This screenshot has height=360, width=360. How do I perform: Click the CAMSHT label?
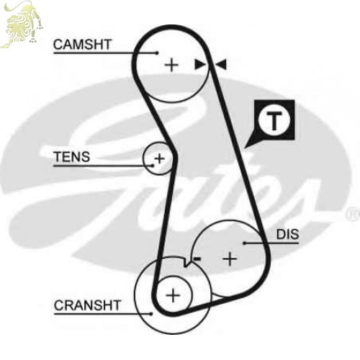pos(82,45)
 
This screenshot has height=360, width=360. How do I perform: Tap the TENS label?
pos(72,156)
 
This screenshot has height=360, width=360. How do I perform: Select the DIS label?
pos(287,234)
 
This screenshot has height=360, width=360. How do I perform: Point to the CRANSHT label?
pos(87,305)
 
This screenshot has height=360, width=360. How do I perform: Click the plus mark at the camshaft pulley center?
pos(171,65)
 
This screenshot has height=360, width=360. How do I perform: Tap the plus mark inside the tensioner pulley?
pos(159,158)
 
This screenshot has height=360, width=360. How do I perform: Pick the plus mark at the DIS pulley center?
pos(230,259)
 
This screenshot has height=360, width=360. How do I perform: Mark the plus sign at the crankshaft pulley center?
pos(173,295)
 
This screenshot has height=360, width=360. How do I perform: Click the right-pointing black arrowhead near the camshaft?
pos(199,65)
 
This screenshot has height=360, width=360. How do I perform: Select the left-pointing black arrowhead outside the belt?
pos(221,64)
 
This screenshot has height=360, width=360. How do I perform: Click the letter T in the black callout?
pos(274,120)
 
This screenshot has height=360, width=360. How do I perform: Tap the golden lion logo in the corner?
pos(22,24)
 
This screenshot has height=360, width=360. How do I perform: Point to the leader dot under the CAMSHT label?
pos(157,53)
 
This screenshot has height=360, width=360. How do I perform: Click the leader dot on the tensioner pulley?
pos(152,166)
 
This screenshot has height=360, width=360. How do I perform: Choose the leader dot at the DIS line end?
pos(244,243)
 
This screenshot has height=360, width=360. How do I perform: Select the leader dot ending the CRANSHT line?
pos(151,313)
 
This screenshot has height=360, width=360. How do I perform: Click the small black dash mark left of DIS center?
pos(197,258)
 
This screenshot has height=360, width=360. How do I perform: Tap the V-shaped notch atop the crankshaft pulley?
pos(186,264)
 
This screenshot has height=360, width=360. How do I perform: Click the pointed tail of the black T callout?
pos(246,147)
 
